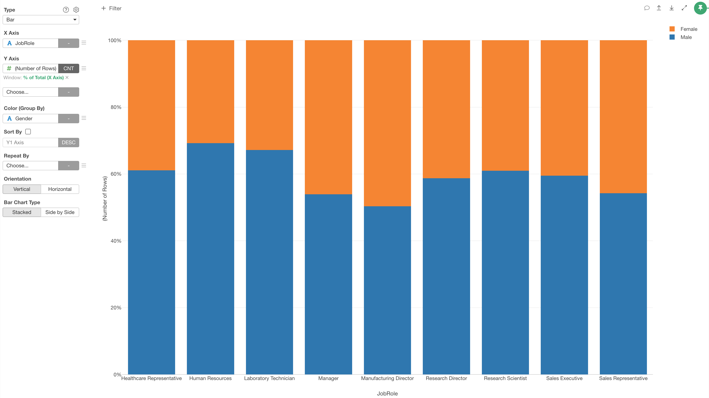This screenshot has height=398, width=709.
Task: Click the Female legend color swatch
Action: pos(672,29)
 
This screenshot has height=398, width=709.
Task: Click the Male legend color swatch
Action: pos(672,37)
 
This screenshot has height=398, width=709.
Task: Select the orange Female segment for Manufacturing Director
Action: pos(387,123)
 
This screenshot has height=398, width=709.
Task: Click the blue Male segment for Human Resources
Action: pos(210,258)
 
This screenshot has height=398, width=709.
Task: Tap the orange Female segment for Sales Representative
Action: pos(623,117)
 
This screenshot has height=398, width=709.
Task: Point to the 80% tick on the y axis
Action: pos(116,107)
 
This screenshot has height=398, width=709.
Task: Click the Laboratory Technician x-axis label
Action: pos(269,378)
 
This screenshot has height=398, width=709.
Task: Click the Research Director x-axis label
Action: pos(446,378)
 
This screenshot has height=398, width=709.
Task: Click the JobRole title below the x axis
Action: pos(387,393)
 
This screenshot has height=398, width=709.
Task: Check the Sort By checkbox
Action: pos(28,132)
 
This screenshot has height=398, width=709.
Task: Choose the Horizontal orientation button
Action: pos(60,189)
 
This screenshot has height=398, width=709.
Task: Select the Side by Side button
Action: pos(60,212)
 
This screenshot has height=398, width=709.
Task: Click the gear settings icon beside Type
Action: pos(76,10)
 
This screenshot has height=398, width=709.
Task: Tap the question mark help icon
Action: pos(66,10)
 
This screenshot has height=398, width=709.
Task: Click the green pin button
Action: pos(700,8)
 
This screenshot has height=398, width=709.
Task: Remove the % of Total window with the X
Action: pos(67,77)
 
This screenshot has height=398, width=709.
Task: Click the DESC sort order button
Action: pos(69,143)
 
